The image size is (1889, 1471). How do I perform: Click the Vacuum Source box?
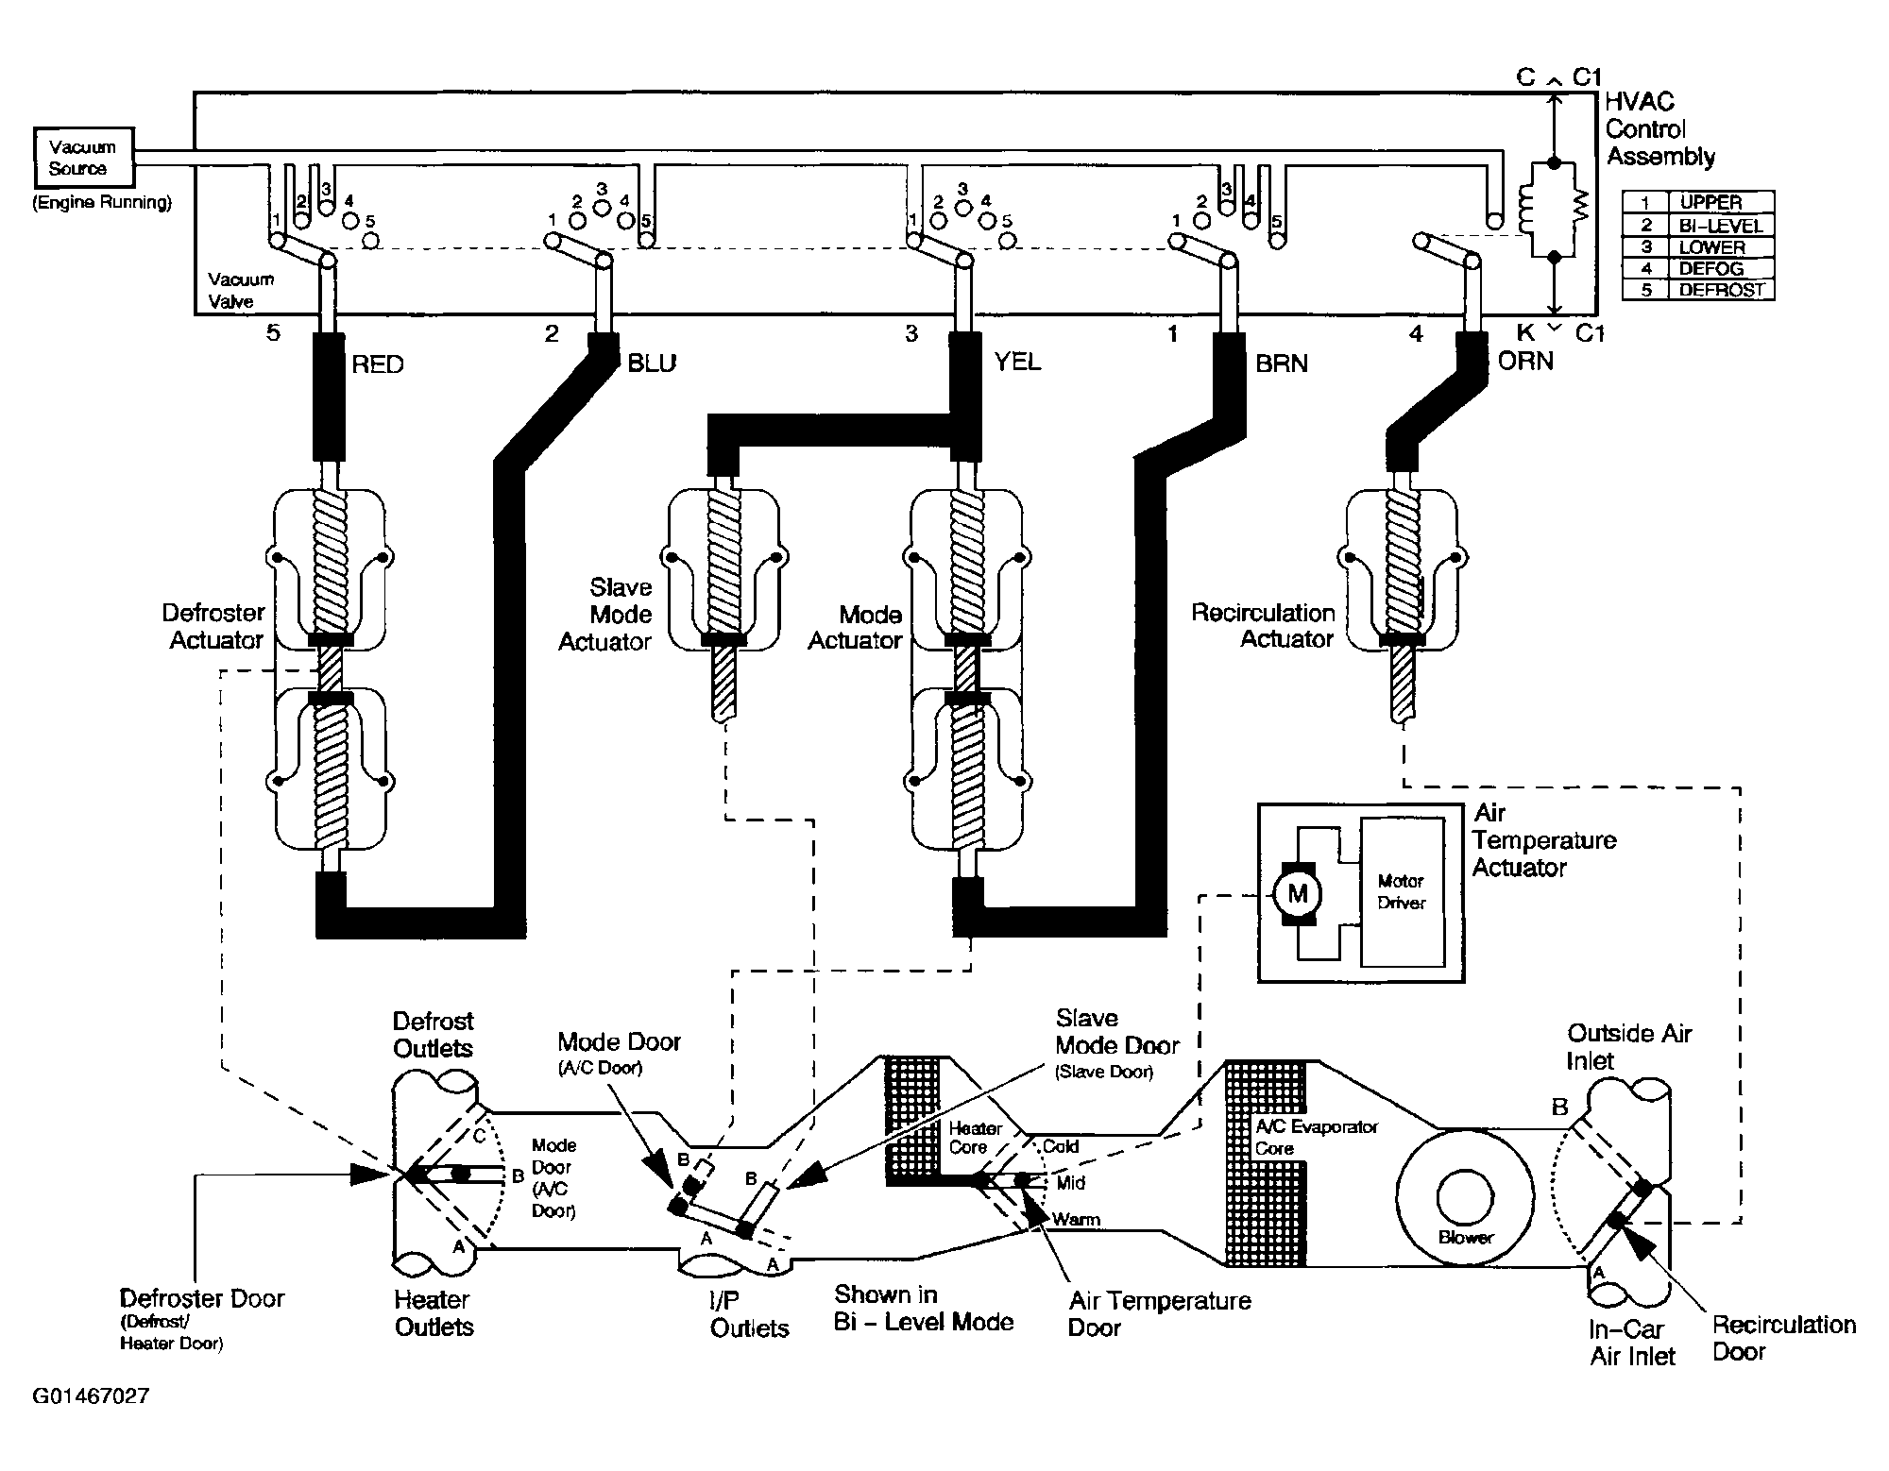point(82,159)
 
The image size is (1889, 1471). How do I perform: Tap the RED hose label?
point(377,364)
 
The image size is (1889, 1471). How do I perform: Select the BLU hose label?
point(652,364)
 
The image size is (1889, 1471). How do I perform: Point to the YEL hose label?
point(1017,363)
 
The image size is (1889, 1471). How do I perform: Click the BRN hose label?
point(1282,364)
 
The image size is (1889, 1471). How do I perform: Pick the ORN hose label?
point(1525,362)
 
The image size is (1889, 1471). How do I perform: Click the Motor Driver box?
point(1402,892)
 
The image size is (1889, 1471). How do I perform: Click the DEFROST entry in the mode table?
point(1721,290)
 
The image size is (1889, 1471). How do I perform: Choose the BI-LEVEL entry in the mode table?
point(1721,226)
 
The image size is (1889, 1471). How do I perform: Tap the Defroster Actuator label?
point(213,626)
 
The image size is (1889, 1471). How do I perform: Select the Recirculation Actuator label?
point(1263,626)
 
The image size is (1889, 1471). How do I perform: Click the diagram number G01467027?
point(91,1395)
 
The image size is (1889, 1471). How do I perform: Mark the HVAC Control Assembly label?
point(1660,129)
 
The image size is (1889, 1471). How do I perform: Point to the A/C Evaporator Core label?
point(1317,1138)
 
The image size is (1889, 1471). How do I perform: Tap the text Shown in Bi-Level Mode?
point(923,1308)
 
